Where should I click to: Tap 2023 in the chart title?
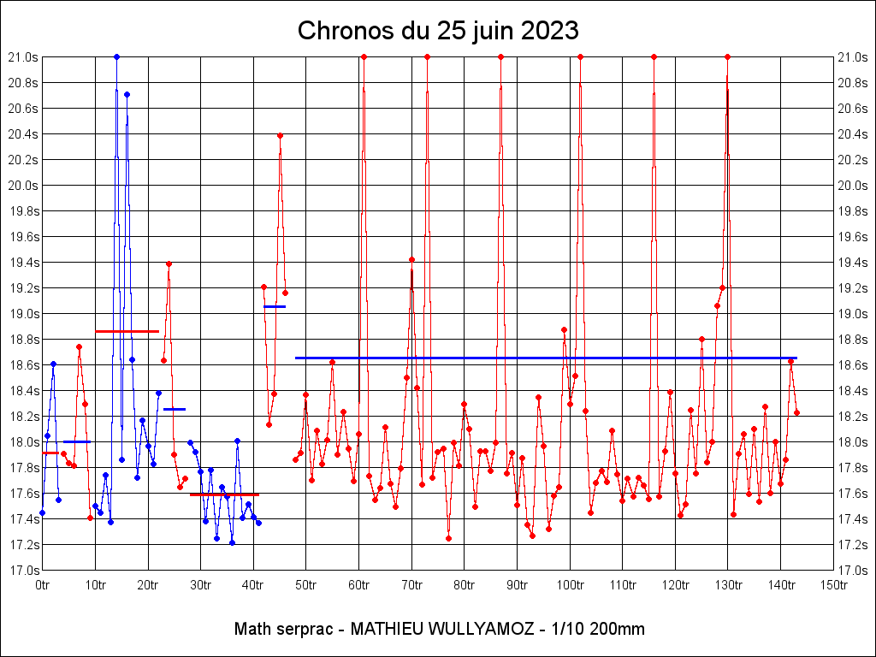click(548, 31)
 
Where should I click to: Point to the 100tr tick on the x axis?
click(570, 585)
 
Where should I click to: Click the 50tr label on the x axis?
click(306, 585)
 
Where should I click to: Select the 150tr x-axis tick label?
click(833, 585)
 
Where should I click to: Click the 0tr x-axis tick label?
click(43, 585)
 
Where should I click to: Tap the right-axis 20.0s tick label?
click(852, 186)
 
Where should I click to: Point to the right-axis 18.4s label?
click(852, 391)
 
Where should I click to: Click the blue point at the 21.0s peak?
click(116, 57)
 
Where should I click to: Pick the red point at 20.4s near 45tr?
click(280, 135)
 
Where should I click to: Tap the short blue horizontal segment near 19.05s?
click(275, 306)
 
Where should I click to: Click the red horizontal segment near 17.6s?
click(224, 494)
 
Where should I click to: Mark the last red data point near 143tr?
click(796, 412)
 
